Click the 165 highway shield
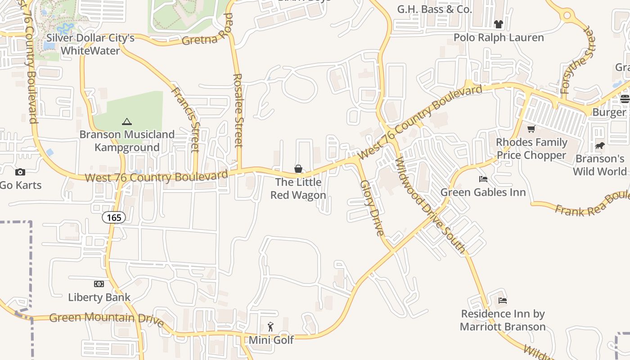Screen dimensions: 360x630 point(114,218)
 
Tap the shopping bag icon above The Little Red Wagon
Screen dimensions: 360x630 point(298,169)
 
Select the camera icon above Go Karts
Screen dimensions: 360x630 point(20,172)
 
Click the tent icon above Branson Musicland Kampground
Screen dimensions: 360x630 point(127,121)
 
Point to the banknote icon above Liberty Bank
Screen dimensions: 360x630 point(99,284)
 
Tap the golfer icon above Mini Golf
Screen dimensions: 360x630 point(270,327)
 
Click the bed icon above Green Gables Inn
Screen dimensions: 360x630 point(483,179)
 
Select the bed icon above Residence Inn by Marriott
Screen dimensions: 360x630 point(503,300)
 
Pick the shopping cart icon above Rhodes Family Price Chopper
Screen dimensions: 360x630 point(531,129)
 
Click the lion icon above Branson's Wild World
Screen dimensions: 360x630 point(599,145)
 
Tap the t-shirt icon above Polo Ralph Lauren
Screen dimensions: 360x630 point(498,24)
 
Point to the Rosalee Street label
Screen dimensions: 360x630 point(238,110)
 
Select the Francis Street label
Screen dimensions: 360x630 point(186,119)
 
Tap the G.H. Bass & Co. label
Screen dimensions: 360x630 point(434,9)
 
